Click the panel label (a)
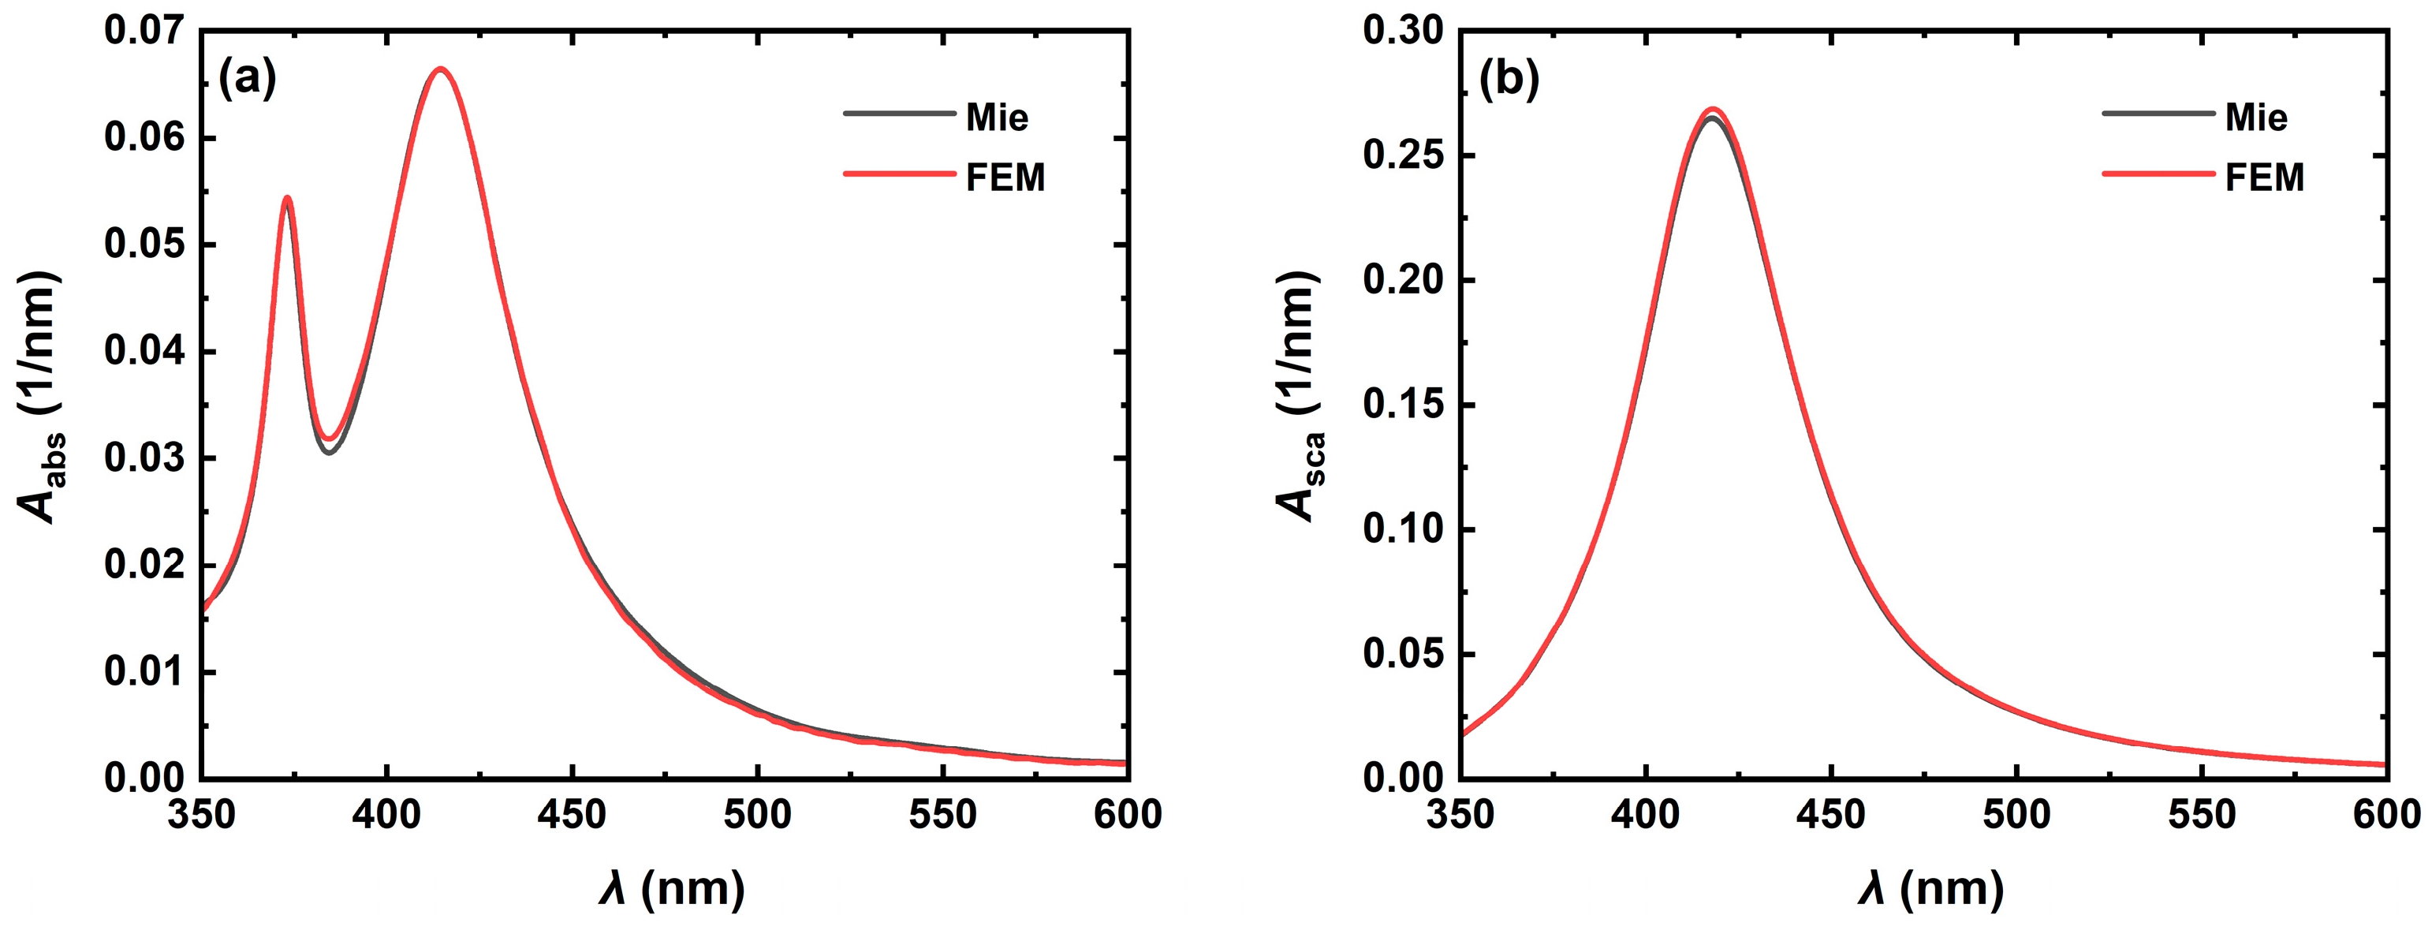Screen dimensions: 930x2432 point(248,78)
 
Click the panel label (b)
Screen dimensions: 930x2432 point(1509,78)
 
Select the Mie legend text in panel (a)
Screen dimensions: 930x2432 point(997,118)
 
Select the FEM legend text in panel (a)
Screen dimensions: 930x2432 point(1005,177)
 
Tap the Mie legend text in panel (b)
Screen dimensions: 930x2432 point(2256,118)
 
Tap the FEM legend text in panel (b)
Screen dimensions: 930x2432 point(2265,177)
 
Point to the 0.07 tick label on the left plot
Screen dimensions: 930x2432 point(144,30)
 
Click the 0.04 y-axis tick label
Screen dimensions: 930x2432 point(144,351)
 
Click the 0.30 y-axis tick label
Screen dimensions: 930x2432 point(1403,30)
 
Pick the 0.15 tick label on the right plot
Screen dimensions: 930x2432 point(1403,404)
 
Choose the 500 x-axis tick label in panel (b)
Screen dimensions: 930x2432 point(2016,814)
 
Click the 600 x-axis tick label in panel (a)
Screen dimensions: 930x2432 point(1127,814)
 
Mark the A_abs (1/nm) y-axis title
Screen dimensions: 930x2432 point(39,397)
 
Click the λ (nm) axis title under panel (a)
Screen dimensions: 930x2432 point(672,888)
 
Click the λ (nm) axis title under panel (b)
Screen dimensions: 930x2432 point(1931,888)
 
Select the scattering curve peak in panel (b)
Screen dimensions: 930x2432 point(1712,111)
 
